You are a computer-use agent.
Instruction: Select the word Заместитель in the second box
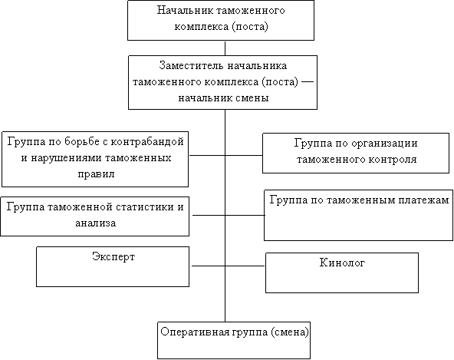click(x=191, y=66)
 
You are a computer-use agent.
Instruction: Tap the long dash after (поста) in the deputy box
click(x=308, y=81)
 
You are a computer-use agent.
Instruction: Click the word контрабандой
click(x=148, y=142)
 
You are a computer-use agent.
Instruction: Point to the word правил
click(x=96, y=174)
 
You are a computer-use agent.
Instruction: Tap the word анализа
click(x=96, y=223)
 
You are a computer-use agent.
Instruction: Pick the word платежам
click(x=423, y=200)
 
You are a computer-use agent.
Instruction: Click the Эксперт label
click(x=113, y=257)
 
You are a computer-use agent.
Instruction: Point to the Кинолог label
click(x=342, y=263)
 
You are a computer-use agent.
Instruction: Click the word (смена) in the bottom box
click(x=290, y=332)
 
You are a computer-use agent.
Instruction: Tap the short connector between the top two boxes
click(x=225, y=48)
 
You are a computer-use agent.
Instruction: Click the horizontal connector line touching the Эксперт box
click(x=209, y=266)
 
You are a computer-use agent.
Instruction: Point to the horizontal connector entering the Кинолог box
click(x=245, y=266)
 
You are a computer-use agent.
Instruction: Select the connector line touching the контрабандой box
click(x=207, y=155)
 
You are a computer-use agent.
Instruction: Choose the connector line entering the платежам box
click(x=245, y=215)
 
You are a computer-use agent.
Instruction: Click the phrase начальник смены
click(x=223, y=98)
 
